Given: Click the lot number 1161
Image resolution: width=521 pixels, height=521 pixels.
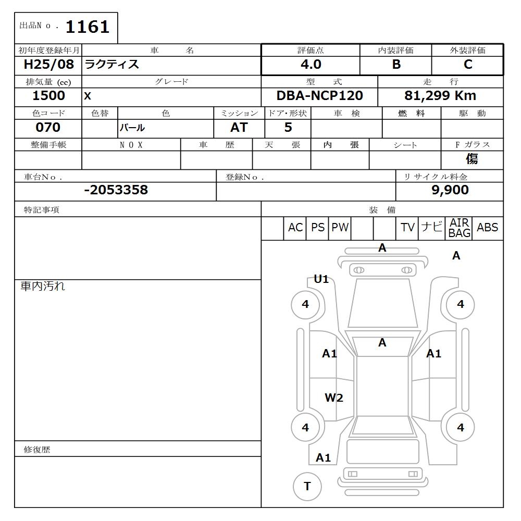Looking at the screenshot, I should (87, 27).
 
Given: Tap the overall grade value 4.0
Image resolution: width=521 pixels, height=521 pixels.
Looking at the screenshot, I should (311, 65).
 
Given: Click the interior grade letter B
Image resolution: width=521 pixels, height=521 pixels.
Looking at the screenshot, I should (396, 65).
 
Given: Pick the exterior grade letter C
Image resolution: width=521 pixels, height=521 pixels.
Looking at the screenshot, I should (467, 65).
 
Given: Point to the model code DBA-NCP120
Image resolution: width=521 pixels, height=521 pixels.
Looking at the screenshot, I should (319, 96).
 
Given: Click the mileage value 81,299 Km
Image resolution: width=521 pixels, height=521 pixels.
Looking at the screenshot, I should (440, 96).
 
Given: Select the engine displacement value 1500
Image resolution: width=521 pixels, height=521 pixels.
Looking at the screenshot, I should (48, 96).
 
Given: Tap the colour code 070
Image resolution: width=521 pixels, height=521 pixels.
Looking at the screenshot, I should (48, 128).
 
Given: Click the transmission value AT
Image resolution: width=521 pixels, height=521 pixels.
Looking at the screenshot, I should (239, 128).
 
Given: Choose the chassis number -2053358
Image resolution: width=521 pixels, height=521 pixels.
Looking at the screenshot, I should (116, 190).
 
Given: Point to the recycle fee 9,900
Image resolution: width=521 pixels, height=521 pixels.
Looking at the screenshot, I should (450, 190).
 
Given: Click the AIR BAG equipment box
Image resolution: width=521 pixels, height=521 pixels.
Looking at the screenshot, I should (459, 228).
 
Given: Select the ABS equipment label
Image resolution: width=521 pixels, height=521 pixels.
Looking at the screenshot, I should (487, 228).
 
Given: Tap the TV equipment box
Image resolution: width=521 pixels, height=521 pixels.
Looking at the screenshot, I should (407, 228).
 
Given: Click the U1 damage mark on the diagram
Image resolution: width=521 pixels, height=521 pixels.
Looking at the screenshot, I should (321, 279).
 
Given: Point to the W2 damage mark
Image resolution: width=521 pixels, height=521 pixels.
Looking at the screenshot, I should (333, 398).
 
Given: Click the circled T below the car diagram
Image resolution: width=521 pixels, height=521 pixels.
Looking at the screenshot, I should (307, 486).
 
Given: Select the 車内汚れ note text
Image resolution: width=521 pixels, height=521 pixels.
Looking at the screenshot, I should (43, 286).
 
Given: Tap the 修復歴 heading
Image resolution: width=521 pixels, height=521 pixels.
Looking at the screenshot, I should (37, 450).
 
